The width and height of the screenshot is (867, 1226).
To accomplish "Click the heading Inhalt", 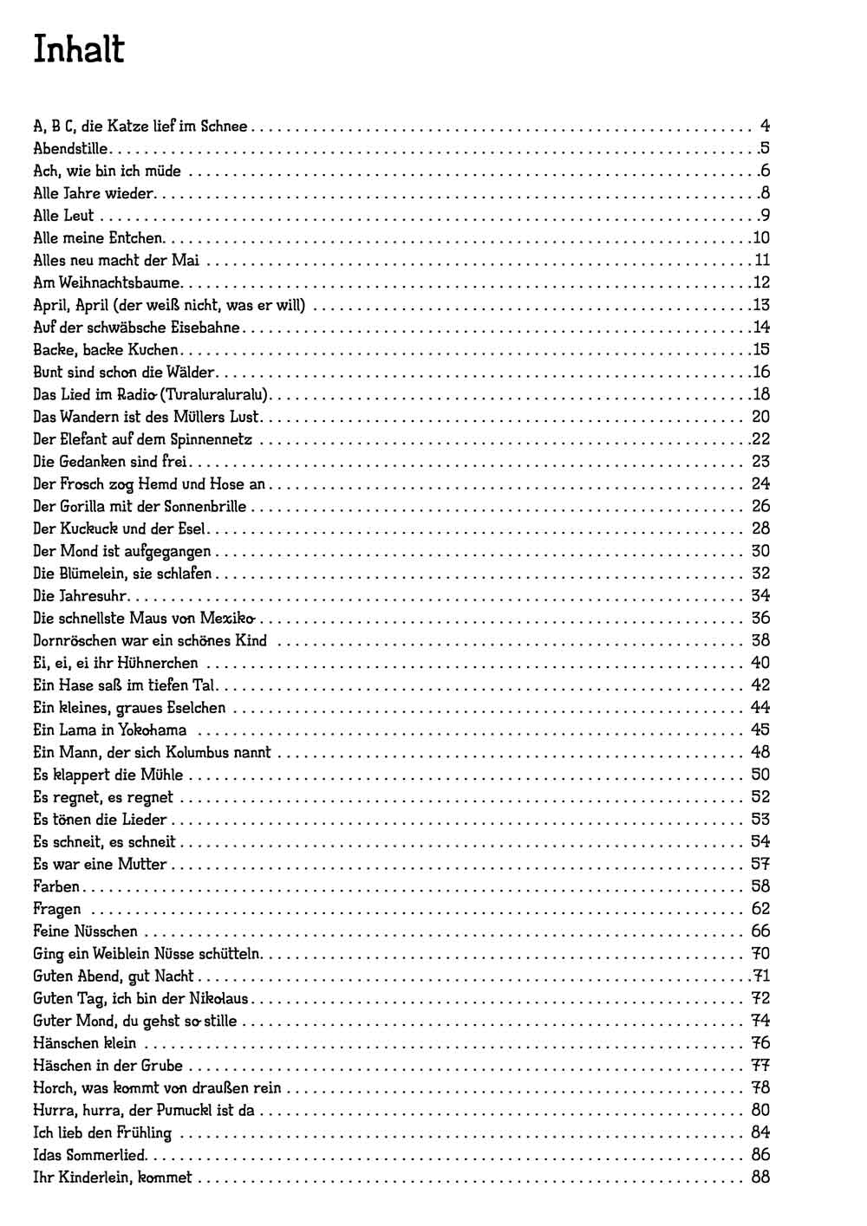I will [79, 50].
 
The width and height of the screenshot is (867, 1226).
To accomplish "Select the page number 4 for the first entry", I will [765, 126].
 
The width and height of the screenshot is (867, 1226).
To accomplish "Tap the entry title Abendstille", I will [70, 148].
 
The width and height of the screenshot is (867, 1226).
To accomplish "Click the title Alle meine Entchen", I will [98, 237].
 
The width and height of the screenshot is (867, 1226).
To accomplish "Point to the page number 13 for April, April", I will [761, 305].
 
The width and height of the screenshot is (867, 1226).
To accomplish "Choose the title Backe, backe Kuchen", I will [106, 350].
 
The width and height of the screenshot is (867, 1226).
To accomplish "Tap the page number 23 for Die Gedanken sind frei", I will [760, 462].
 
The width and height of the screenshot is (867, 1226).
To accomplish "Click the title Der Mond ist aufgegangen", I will [122, 551].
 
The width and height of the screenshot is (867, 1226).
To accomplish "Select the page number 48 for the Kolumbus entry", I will [760, 752].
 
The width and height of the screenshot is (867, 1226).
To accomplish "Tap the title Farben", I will [56, 886].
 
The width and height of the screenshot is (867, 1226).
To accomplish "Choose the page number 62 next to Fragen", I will [760, 909].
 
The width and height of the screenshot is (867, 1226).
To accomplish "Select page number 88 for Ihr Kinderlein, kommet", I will [760, 1177].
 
